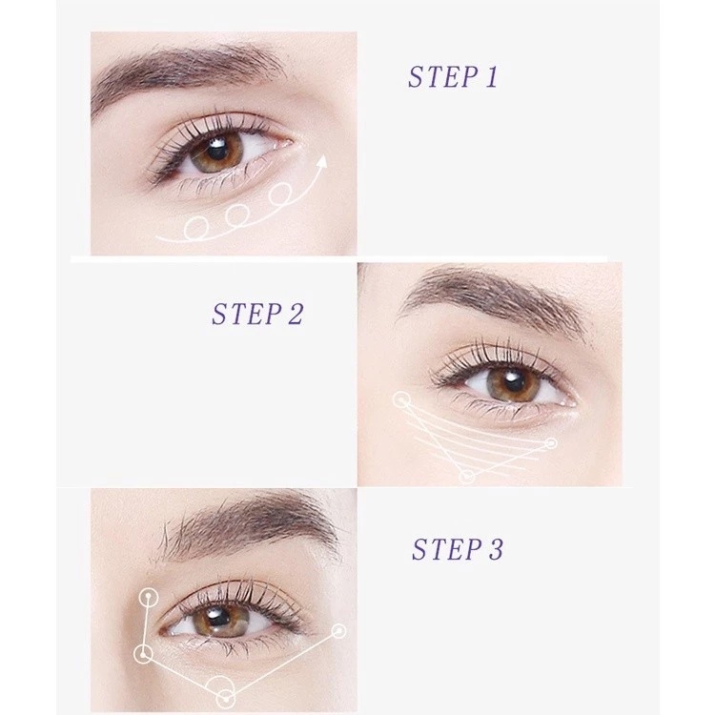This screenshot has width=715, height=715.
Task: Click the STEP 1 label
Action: (x=452, y=76)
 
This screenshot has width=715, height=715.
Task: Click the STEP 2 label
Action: (x=257, y=314)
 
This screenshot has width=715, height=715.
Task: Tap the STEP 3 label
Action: (x=458, y=549)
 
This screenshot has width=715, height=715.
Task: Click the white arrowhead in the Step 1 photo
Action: (x=322, y=162)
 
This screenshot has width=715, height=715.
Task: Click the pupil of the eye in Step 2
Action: (x=513, y=382)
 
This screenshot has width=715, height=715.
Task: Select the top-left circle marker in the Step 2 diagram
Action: (x=401, y=400)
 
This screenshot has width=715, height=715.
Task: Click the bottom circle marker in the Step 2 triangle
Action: (x=466, y=477)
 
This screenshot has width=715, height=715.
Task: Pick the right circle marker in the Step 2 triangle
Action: (x=551, y=443)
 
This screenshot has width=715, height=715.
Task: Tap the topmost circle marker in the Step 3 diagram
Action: (x=148, y=598)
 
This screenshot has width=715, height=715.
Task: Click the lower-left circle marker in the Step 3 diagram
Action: (x=144, y=655)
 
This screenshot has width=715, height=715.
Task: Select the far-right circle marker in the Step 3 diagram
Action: (x=338, y=631)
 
